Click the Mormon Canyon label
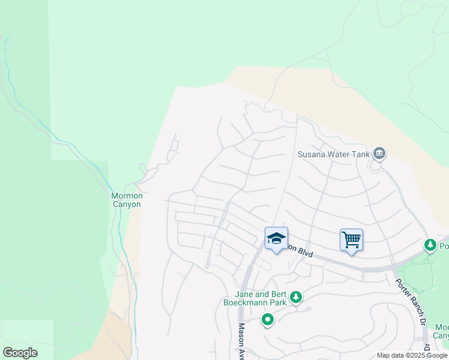(x=126, y=200)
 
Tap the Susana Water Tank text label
(x=333, y=154)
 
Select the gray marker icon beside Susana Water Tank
(x=379, y=154)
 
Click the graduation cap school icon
(x=276, y=239)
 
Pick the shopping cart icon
(x=351, y=240)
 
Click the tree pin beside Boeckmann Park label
(x=295, y=297)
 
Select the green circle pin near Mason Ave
(x=268, y=320)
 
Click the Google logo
(x=20, y=353)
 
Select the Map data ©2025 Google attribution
(x=412, y=355)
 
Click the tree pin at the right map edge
(x=430, y=245)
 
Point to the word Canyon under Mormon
(x=126, y=204)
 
